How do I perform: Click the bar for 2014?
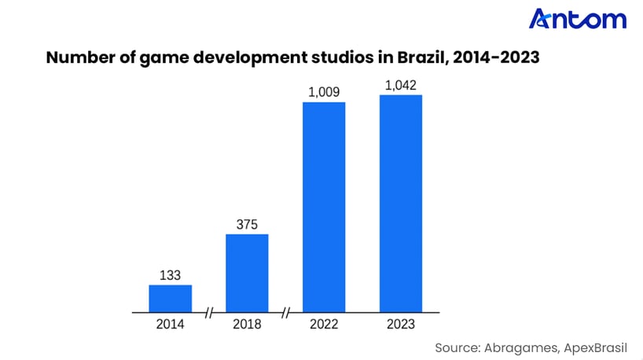click(171, 298)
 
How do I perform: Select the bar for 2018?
click(247, 273)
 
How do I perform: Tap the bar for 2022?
click(324, 207)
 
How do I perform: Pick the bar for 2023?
click(401, 203)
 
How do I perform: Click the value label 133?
click(171, 276)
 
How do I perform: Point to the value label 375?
click(247, 225)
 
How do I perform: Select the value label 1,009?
click(324, 93)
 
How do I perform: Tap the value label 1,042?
click(401, 85)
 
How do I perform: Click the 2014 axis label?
click(171, 324)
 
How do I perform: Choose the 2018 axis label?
click(247, 324)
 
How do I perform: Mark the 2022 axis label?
click(324, 324)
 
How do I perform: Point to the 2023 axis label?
click(401, 324)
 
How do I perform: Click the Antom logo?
click(577, 19)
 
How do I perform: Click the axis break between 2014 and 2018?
click(209, 313)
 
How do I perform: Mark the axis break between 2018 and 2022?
click(285, 313)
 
